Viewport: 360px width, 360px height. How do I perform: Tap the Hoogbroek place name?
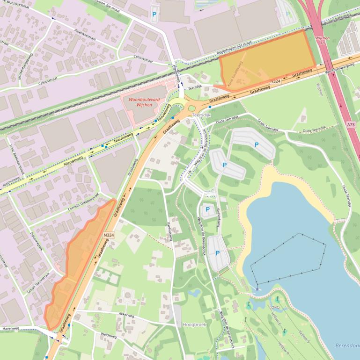coord(194,324)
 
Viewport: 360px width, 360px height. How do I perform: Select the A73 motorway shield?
coord(351,125)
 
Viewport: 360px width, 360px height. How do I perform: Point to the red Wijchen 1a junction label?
coord(323,40)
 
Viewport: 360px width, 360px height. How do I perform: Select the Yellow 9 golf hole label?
coord(283,346)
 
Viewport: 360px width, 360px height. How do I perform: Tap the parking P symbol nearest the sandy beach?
coord(256,145)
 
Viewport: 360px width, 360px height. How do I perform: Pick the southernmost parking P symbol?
coord(218,253)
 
